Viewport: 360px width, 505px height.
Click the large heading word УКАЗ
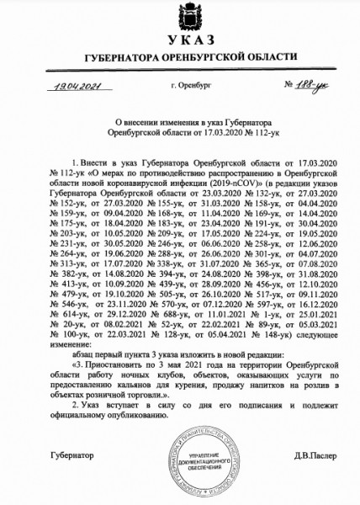click(x=179, y=42)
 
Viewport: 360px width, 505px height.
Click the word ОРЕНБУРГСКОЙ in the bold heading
click(x=205, y=57)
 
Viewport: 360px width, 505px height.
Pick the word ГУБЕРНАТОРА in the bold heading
click(x=115, y=57)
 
